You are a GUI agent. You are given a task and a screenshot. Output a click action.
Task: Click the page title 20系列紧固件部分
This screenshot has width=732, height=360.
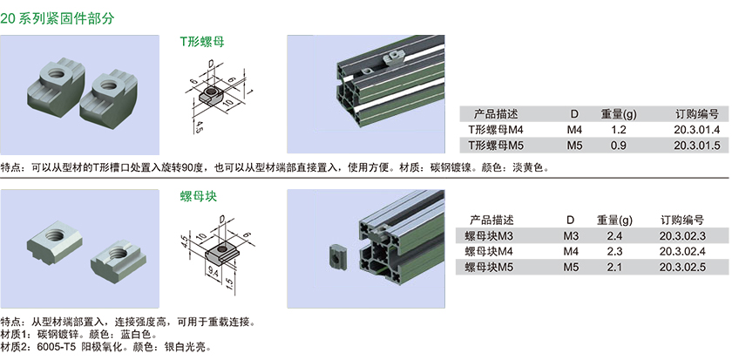click(58, 18)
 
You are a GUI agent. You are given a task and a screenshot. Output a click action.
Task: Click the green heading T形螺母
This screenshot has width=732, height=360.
click(202, 42)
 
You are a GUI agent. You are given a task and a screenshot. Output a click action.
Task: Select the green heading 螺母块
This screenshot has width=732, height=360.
click(199, 196)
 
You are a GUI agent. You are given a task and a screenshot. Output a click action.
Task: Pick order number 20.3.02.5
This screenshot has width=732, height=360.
click(682, 267)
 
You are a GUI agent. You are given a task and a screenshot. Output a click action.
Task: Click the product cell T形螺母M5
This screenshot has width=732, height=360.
click(496, 146)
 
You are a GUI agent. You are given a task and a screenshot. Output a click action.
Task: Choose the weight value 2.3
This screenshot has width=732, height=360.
click(615, 252)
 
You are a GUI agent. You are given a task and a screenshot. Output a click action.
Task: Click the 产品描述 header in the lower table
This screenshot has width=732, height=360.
click(491, 220)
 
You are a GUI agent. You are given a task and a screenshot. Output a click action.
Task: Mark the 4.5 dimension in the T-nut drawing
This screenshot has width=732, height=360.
click(198, 126)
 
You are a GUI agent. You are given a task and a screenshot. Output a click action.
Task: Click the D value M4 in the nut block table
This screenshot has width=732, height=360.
click(571, 252)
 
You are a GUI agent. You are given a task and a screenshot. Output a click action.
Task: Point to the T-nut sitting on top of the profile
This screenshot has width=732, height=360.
click(392, 58)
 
